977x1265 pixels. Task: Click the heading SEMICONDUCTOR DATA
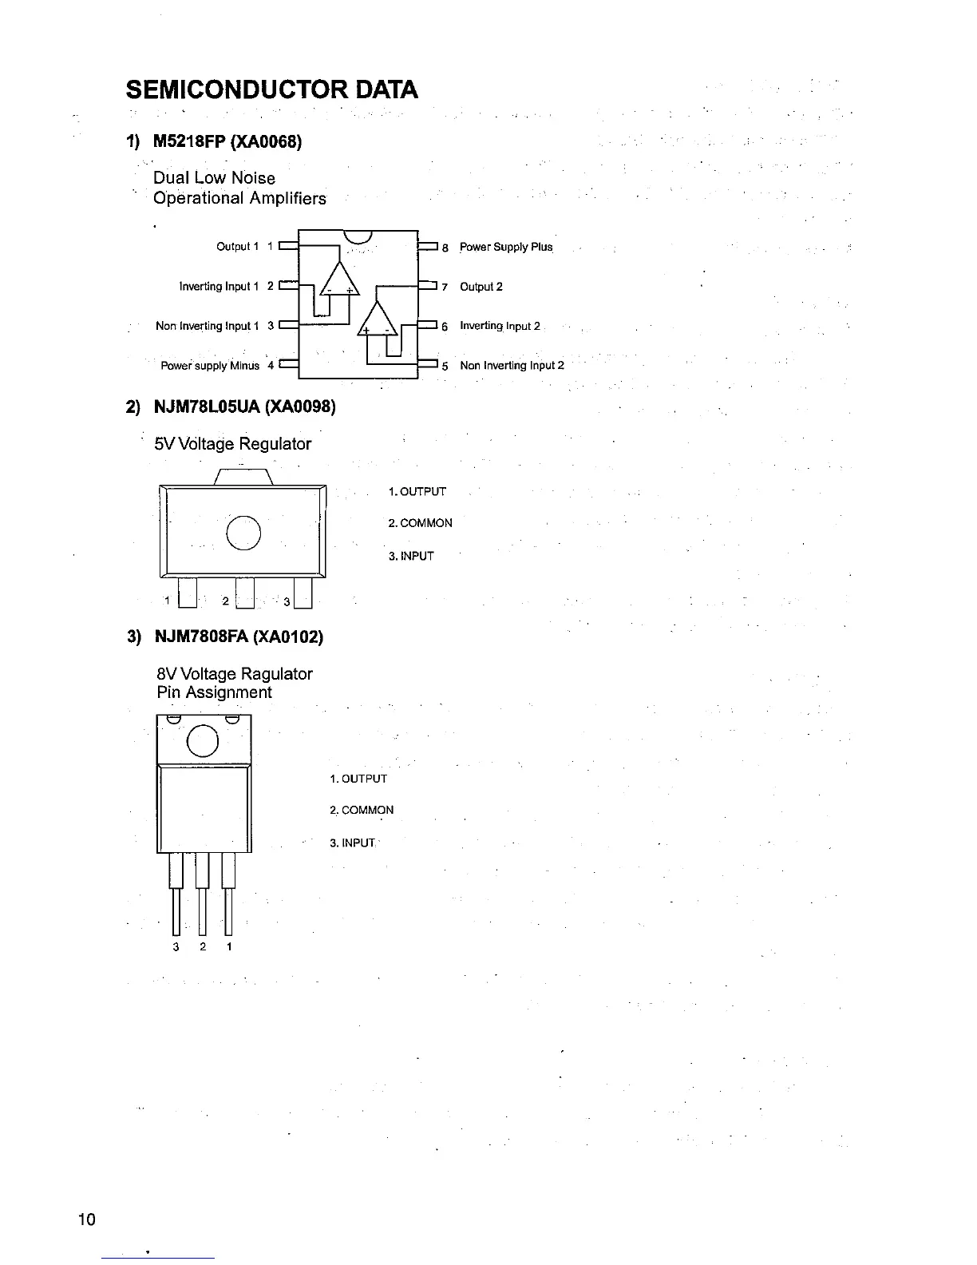pos(271,89)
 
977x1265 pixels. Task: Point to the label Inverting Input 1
pos(219,287)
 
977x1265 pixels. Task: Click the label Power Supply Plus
pos(506,247)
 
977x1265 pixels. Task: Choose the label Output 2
pos(481,287)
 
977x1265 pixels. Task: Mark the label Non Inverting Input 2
pos(512,366)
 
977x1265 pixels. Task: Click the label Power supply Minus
pos(210,366)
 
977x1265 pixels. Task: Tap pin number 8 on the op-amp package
pos(445,248)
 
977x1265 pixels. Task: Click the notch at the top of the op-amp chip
pos(359,236)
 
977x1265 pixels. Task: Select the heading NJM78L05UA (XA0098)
pos(244,407)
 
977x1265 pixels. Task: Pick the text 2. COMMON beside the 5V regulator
pos(420,523)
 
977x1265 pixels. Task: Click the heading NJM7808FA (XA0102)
pos(239,636)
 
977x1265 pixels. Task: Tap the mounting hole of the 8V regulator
pos(203,740)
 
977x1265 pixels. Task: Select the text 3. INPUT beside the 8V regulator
pos(352,843)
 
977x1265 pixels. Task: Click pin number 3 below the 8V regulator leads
pos(176,947)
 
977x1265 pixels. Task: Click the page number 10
pos(86,1219)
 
